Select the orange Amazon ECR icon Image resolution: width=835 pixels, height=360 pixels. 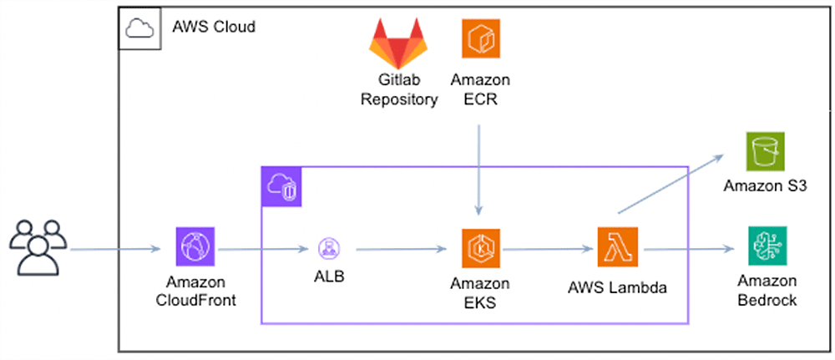click(480, 39)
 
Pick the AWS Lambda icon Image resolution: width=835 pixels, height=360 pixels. click(617, 247)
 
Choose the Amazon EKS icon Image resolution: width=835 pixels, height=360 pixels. click(480, 248)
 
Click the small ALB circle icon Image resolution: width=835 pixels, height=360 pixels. click(327, 247)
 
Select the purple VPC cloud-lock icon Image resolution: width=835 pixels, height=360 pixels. click(281, 186)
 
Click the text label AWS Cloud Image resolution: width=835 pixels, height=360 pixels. click(214, 27)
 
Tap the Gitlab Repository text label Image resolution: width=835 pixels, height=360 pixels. click(399, 90)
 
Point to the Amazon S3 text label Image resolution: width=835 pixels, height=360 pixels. click(765, 186)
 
